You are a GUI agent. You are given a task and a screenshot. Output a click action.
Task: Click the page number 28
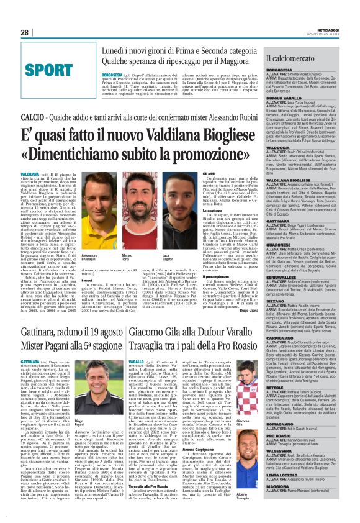click(25, 32)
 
